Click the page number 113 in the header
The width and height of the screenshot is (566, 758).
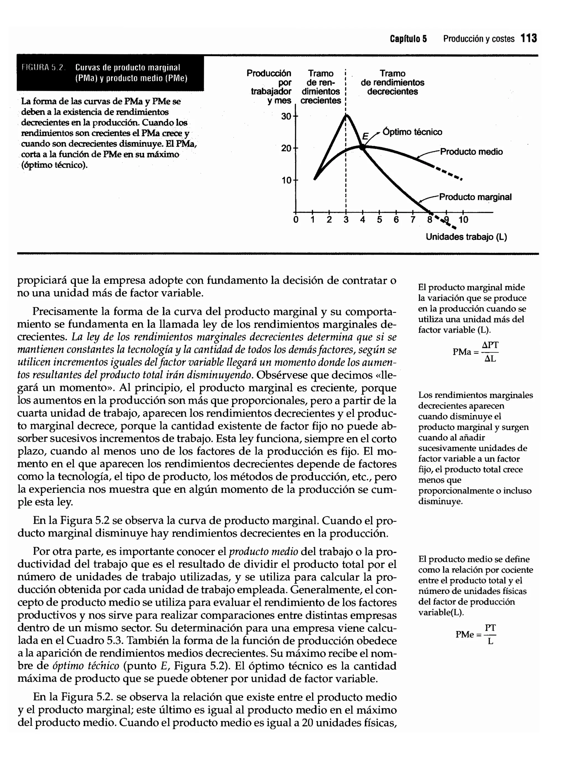point(529,38)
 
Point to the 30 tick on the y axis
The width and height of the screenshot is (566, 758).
point(286,116)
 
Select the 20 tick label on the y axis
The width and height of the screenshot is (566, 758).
point(286,148)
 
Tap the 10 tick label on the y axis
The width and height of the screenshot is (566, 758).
point(286,180)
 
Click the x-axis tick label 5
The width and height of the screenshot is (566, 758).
point(379,220)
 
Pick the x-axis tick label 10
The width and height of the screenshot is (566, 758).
point(463,220)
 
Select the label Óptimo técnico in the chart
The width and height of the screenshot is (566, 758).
point(412,132)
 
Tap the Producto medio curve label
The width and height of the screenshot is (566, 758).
point(471,152)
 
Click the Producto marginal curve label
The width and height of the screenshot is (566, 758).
point(475,197)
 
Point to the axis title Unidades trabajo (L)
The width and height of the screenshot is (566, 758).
point(466,237)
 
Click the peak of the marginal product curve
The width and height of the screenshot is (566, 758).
point(346,116)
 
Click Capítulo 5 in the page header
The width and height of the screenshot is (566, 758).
point(408,39)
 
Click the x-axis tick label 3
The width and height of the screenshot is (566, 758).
point(346,220)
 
